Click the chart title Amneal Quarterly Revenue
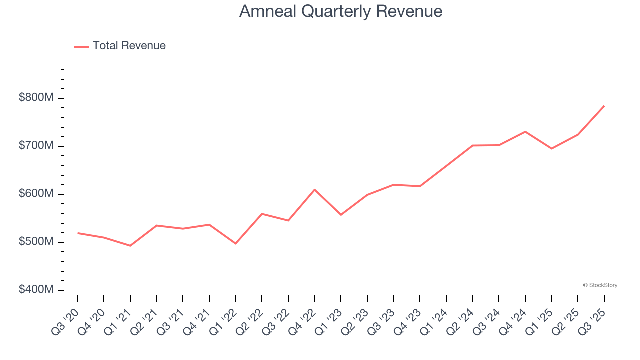point(340,11)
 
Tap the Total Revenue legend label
point(129,46)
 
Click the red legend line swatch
point(81,46)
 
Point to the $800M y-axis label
point(36,98)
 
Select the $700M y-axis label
point(36,146)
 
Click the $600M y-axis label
point(36,194)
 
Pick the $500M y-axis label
point(36,242)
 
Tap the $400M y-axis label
point(36,290)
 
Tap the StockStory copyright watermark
point(600,285)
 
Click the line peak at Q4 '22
point(314,190)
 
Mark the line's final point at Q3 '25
point(604,106)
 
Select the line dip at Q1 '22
point(235,243)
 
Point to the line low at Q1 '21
point(130,246)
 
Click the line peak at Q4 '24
point(525,132)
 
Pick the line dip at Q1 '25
point(551,149)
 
